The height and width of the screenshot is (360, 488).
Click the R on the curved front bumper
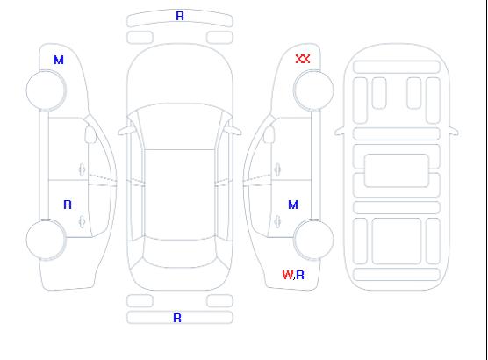180,16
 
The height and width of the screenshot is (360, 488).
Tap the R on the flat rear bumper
177,318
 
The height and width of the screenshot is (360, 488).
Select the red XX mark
303,59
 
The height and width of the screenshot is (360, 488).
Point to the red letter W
287,275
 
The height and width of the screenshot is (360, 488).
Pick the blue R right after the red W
300,275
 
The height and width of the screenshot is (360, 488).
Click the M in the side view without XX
59,60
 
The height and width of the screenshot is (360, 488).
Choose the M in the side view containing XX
293,205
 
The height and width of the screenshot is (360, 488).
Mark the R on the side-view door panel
68,205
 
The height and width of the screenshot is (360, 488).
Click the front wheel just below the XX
313,90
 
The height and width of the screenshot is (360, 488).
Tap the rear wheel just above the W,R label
313,239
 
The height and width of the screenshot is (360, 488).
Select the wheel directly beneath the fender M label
46,90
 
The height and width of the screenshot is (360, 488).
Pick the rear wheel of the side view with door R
46,240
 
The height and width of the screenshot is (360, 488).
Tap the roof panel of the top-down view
180,195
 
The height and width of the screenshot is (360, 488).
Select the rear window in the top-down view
180,253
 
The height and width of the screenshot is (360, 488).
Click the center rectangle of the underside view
397,170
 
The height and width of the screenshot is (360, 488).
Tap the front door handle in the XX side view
277,169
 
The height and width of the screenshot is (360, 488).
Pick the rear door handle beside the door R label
83,221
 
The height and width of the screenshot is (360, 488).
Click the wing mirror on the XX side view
269,134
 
